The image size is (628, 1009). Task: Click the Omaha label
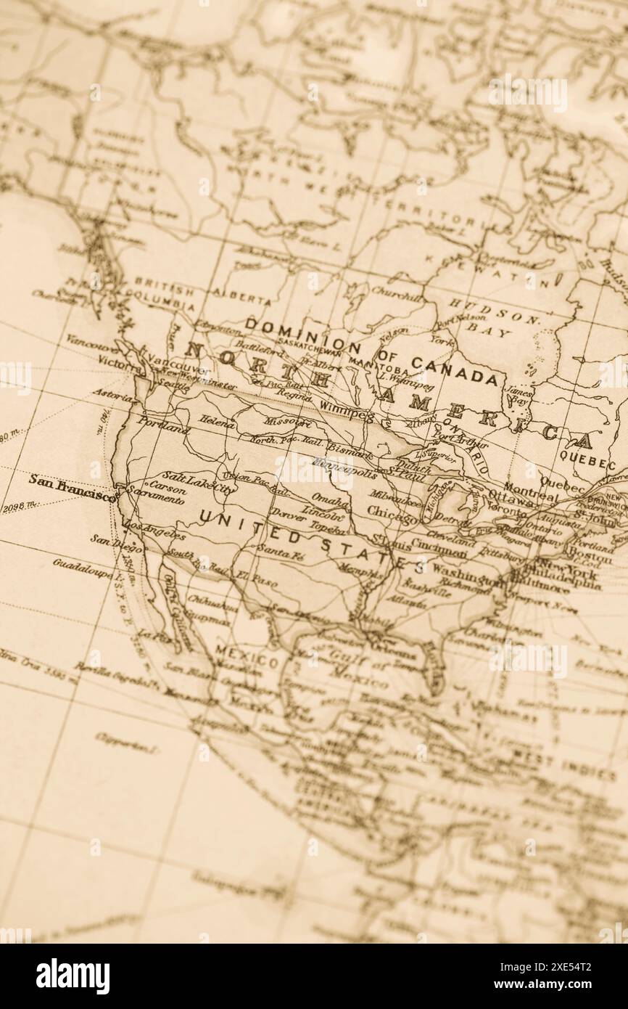(x=329, y=502)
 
